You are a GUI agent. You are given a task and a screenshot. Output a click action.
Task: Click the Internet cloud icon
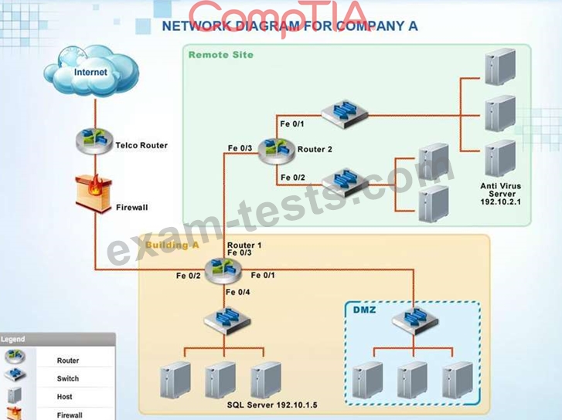coord(91,70)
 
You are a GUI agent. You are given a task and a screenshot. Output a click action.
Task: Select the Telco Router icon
coord(94,141)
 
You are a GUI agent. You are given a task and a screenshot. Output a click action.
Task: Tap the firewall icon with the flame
coord(94,193)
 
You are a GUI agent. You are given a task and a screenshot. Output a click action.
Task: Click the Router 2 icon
coord(276,151)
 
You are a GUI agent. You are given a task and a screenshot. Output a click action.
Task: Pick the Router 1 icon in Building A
coord(223,271)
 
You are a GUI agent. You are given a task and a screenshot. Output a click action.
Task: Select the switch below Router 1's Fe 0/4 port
coord(227,320)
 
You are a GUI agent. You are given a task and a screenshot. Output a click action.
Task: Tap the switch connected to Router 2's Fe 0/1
coord(345,114)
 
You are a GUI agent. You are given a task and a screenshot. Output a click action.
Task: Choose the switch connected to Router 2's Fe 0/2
coord(345,183)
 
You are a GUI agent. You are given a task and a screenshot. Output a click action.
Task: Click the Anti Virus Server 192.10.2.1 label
coord(501,194)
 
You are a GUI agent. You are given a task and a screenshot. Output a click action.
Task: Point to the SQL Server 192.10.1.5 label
coord(272,405)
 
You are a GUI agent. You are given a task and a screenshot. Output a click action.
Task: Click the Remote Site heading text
coord(221,55)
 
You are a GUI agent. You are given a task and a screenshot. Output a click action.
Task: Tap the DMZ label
coord(365,310)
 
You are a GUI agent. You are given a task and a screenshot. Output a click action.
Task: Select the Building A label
coord(172,245)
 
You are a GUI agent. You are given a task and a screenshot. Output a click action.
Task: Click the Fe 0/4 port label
coord(238,292)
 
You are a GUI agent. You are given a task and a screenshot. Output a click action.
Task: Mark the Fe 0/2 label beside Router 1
coord(188,276)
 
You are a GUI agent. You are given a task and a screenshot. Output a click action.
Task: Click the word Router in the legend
coord(68,361)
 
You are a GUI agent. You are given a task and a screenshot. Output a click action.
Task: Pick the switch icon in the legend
coord(15,375)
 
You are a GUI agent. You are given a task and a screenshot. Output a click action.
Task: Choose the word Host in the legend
coord(64,397)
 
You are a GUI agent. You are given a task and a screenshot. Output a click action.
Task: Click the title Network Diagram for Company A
coord(290,26)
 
